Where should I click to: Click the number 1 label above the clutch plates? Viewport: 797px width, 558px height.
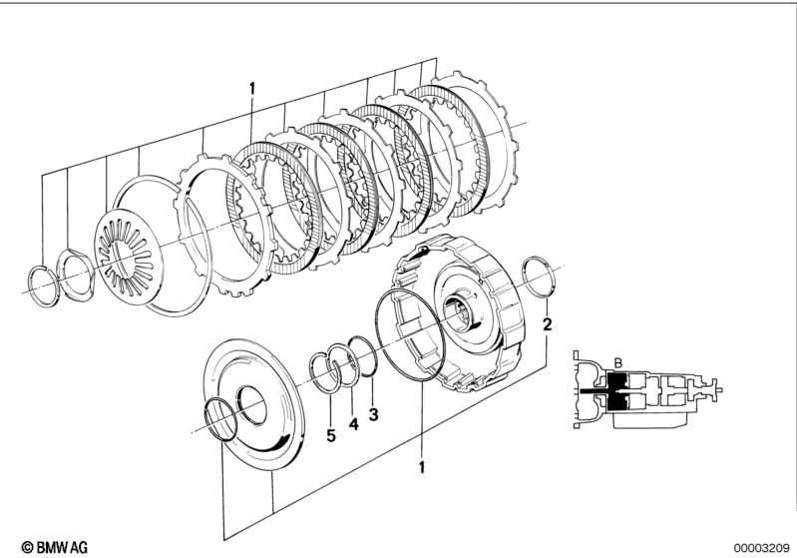pos(252,88)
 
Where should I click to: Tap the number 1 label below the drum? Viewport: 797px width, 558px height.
pos(422,466)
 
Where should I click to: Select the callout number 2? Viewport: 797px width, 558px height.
pos(547,324)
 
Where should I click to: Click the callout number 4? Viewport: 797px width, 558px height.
pos(352,423)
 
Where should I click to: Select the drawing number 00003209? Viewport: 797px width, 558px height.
pos(761,546)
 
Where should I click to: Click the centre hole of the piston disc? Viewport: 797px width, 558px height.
pos(250,403)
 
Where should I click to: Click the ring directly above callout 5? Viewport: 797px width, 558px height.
pos(323,368)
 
